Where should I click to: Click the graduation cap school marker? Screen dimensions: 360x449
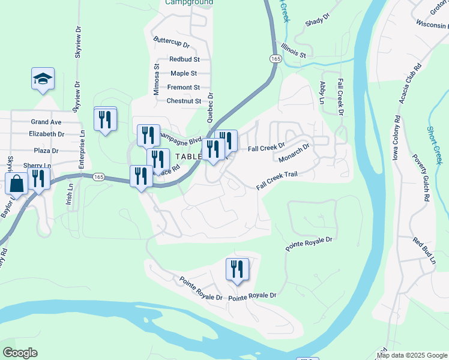[43, 79]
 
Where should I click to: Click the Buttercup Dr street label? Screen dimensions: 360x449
[171, 45]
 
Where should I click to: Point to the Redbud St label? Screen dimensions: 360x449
[184, 59]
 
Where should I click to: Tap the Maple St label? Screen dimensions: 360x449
[184, 73]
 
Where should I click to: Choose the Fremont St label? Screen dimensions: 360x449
[183, 88]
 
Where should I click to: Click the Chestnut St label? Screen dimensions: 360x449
[184, 101]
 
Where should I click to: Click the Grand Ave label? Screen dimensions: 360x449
[46, 122]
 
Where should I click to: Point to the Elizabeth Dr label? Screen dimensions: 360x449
[46, 134]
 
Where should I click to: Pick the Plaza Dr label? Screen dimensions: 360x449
[46, 151]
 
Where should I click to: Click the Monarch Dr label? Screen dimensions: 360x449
[294, 152]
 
